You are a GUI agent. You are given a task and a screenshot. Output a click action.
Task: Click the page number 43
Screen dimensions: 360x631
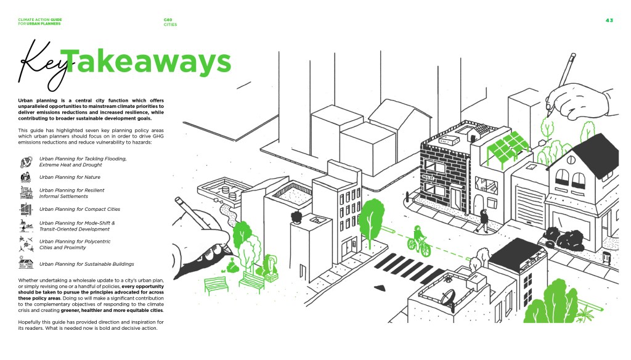coord(609,20)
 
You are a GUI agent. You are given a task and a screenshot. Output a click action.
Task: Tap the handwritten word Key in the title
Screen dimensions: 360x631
coord(43,65)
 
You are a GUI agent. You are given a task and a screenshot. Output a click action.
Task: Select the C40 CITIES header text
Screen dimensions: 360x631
coord(170,22)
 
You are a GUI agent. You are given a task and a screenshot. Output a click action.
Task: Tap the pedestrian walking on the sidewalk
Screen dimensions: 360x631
coord(484,219)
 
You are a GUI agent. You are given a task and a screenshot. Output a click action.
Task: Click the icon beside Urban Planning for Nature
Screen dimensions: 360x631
coord(26,177)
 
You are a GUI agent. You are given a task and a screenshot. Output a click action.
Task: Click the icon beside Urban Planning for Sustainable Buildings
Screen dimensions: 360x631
coord(26,264)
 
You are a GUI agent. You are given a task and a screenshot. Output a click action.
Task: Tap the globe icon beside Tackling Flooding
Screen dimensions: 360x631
coord(26,162)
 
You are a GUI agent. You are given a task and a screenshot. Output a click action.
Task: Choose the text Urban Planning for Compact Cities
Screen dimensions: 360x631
coord(79,210)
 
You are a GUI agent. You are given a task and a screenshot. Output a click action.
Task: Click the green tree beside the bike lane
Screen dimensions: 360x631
coord(373,219)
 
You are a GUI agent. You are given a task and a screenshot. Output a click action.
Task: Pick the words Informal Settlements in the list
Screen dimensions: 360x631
coord(63,197)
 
